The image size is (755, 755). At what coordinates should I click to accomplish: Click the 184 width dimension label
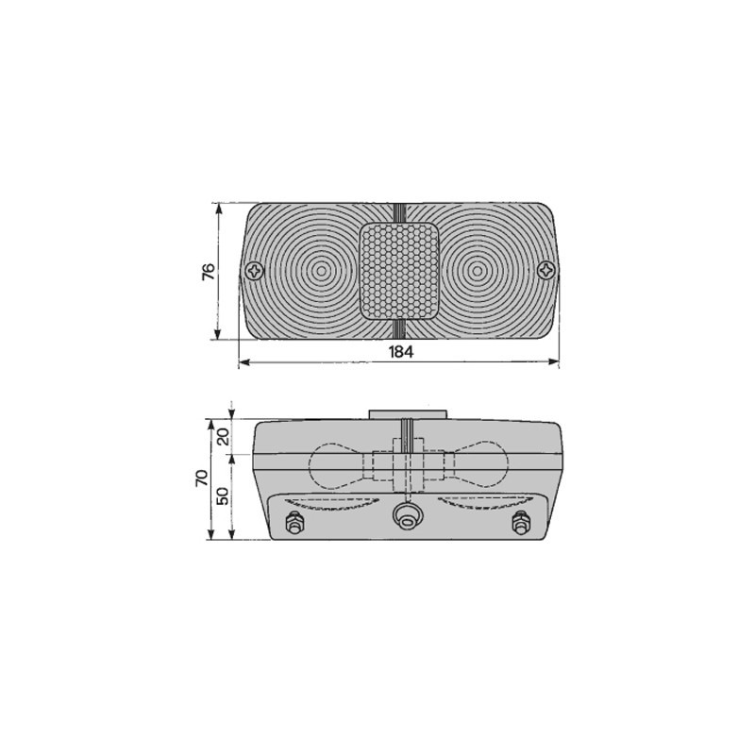tap(401, 352)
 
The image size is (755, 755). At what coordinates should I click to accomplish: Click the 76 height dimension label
tap(209, 272)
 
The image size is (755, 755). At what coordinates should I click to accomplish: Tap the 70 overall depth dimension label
tap(202, 478)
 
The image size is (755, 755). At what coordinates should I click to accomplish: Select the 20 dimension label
tap(223, 437)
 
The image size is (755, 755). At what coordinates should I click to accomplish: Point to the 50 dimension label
tap(223, 495)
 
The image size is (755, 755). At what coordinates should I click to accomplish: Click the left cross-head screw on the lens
tap(255, 271)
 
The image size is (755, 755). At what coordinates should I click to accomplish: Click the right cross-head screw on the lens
tap(546, 270)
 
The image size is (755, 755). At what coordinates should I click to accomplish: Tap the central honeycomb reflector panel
tap(399, 271)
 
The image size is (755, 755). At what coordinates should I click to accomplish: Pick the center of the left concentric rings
tap(321, 271)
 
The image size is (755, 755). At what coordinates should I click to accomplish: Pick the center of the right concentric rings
tap(477, 271)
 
